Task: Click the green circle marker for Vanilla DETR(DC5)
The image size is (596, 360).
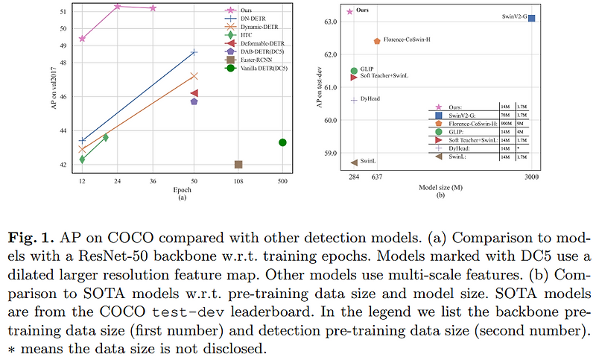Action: (282, 142)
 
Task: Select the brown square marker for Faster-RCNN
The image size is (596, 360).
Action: (238, 164)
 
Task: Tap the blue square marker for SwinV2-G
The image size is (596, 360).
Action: (531, 18)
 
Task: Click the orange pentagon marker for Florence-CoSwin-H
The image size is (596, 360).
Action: (377, 42)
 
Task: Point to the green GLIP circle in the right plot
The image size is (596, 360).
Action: (354, 71)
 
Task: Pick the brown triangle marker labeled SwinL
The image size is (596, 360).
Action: (354, 162)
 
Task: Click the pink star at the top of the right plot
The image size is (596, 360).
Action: (351, 11)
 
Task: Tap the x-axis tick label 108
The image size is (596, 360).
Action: (238, 181)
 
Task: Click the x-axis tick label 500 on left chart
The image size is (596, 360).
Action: (282, 181)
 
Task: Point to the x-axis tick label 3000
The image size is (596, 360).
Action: (531, 177)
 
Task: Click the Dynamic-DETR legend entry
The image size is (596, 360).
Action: (258, 27)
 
